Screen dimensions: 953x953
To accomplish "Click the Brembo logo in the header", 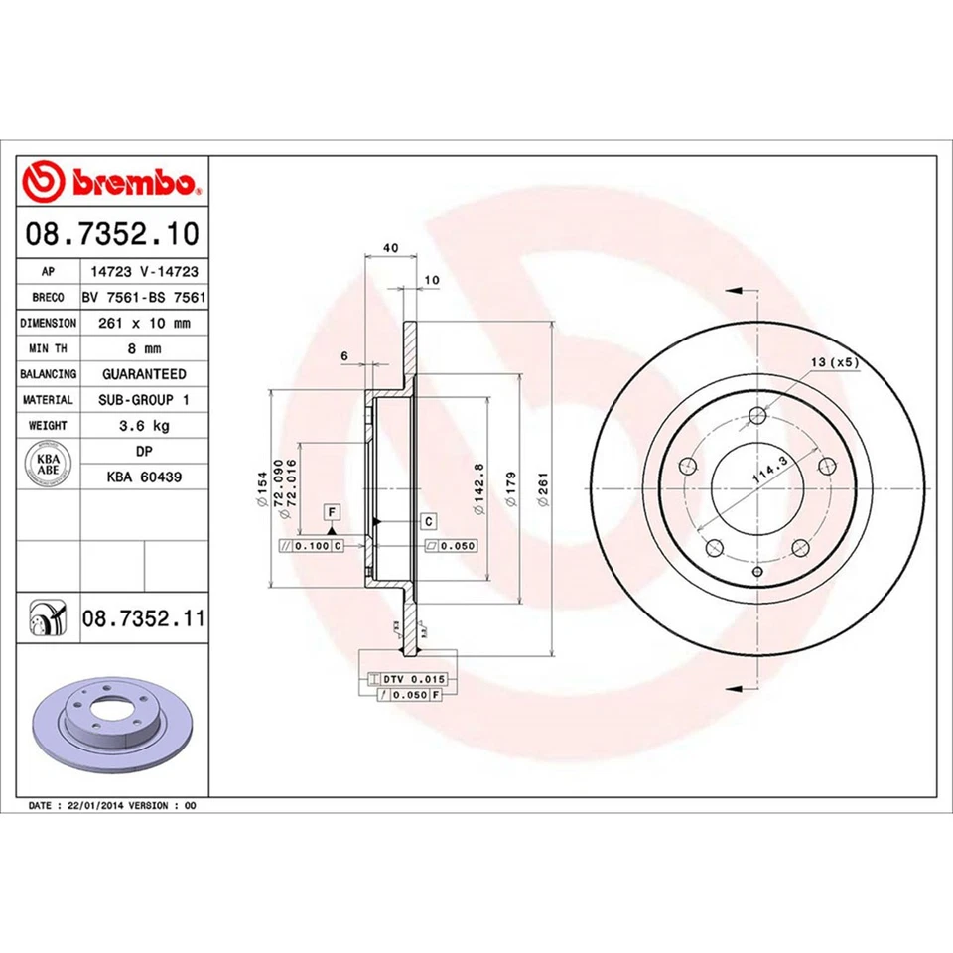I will click(x=112, y=183).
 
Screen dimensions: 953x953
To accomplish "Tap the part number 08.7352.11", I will click(x=144, y=619).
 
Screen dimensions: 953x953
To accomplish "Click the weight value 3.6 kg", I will click(x=144, y=425).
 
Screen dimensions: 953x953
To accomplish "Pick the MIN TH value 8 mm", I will click(x=144, y=348).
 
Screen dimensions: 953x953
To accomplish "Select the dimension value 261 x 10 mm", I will click(x=144, y=323).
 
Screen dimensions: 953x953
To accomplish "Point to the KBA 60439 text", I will click(x=144, y=476).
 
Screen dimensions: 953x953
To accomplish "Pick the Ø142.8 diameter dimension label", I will click(x=479, y=487).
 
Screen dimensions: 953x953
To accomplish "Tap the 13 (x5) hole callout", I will click(x=834, y=362).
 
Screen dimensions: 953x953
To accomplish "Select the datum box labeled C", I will click(x=428, y=521).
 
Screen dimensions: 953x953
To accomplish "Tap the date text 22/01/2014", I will click(x=96, y=805).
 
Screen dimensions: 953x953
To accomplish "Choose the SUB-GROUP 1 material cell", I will click(x=144, y=399).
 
